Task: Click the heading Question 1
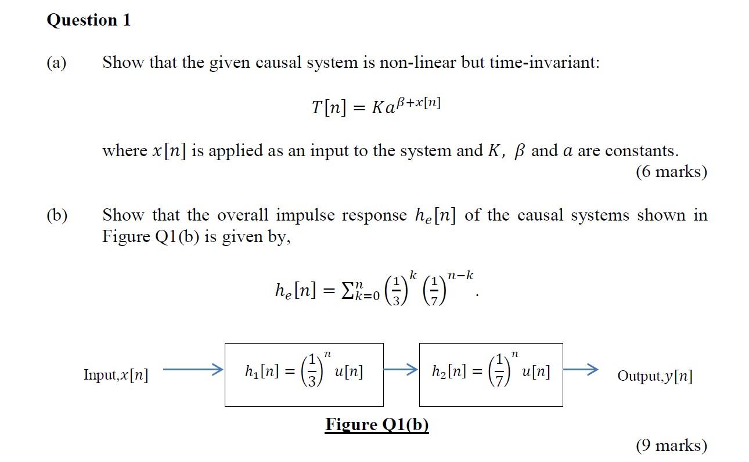tap(88, 20)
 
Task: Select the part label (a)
tap(56, 63)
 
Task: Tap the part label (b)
tap(56, 215)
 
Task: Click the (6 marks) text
tap(671, 172)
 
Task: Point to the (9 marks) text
tap(671, 445)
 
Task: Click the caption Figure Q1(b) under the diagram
tap(377, 424)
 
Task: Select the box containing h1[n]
tap(304, 374)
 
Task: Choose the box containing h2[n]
tap(491, 374)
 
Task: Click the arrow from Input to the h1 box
tap(192, 369)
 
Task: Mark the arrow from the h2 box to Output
tap(581, 369)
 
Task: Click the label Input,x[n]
tap(116, 376)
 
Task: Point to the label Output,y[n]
tap(654, 376)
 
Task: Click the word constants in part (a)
tap(640, 151)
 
